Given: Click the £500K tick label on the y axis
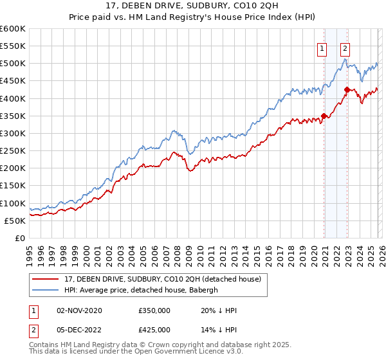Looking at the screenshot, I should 13,64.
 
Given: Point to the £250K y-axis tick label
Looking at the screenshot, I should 13,151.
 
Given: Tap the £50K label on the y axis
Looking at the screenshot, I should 15,221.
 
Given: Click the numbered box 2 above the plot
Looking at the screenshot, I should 345,47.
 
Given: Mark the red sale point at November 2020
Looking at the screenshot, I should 324,116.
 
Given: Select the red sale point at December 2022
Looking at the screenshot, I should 347,89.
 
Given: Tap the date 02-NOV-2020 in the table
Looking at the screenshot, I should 80,310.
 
